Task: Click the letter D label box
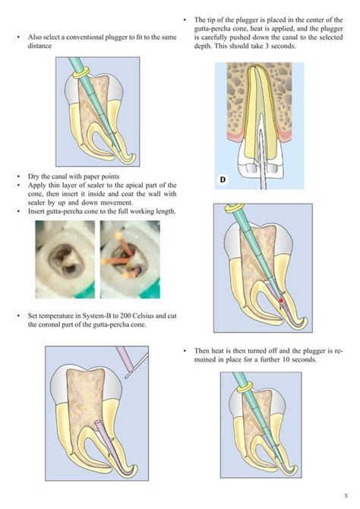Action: click(x=223, y=180)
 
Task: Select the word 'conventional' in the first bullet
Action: click(x=84, y=36)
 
